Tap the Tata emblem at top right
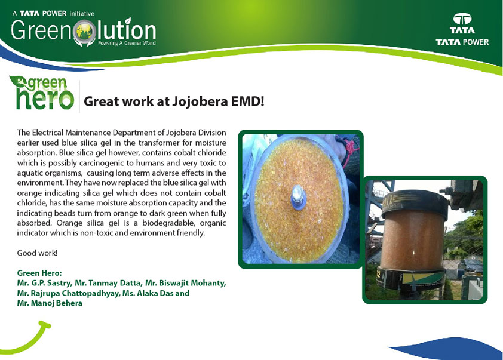pos(462,23)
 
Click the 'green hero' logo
pos(42,93)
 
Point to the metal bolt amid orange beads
pos(297,198)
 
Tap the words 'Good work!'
pos(37,253)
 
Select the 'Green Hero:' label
pos(39,273)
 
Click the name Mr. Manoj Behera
pos(50,303)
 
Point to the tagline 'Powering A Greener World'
pos(127,43)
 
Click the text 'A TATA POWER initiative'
pos(53,14)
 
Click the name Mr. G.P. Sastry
pos(45,283)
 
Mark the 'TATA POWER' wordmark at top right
pos(462,42)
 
